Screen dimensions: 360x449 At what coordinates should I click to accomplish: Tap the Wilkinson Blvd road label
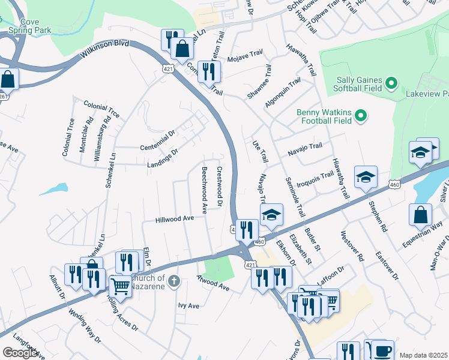tap(104, 52)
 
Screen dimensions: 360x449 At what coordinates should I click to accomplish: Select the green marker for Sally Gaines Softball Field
tap(391, 83)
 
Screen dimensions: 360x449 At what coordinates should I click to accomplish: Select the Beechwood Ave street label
tap(204, 191)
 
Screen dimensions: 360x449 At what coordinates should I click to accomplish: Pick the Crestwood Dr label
tap(220, 187)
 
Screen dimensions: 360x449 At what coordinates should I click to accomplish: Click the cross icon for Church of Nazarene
tap(173, 281)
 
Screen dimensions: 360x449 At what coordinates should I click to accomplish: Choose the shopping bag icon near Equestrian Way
tap(421, 214)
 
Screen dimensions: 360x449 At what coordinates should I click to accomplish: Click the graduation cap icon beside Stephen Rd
tap(365, 177)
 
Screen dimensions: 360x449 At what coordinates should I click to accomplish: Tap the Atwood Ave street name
tap(213, 283)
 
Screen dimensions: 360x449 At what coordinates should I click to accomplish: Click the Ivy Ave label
tap(188, 305)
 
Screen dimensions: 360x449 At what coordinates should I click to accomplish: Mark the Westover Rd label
tap(352, 246)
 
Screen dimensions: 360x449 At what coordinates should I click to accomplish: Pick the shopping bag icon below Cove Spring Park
tap(8, 78)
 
